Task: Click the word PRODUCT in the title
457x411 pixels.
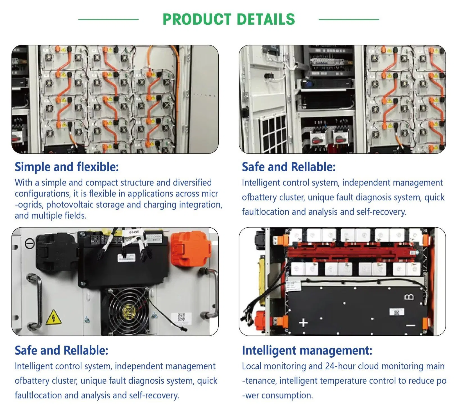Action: (x=197, y=19)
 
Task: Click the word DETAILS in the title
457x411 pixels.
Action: (x=266, y=19)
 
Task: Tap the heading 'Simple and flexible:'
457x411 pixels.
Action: (x=67, y=167)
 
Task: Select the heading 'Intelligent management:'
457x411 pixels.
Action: (x=307, y=350)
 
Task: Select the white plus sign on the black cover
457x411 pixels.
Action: (x=303, y=323)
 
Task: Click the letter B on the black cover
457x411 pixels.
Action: (x=409, y=297)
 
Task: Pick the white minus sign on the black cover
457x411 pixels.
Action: (x=411, y=325)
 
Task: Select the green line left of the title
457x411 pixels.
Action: (x=108, y=19)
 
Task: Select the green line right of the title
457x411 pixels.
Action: (x=349, y=19)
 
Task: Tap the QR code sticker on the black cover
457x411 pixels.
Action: (x=397, y=312)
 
